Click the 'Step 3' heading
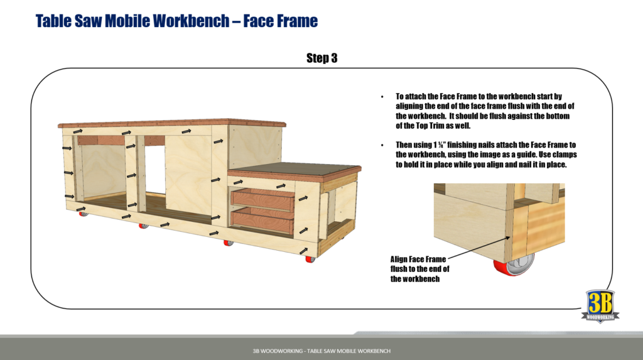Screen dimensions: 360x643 (321, 58)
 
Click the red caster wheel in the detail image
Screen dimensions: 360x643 (517, 267)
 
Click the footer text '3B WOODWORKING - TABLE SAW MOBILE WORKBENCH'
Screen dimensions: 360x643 (321, 351)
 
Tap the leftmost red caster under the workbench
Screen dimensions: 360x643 (82, 214)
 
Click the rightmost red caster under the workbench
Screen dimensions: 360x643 (309, 258)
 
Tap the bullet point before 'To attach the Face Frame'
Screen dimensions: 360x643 (382, 97)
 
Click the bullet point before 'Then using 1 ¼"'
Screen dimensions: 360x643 (382, 145)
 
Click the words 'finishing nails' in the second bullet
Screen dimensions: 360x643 (467, 145)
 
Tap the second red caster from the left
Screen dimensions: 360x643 (143, 224)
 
